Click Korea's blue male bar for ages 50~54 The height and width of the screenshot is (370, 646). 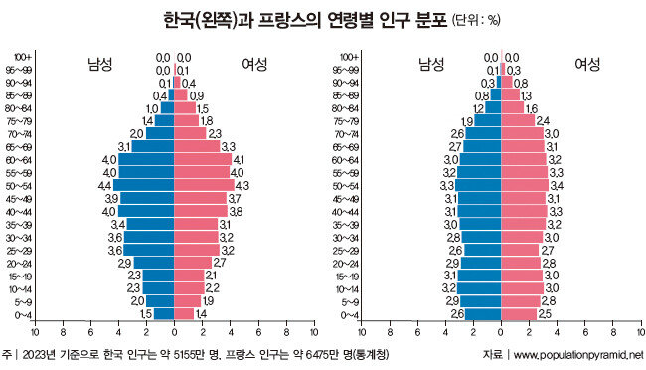click(x=143, y=185)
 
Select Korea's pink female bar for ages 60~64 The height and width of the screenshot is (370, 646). click(x=203, y=159)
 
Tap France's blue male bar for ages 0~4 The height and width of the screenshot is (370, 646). click(x=483, y=314)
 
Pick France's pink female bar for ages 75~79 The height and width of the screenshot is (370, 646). click(x=518, y=120)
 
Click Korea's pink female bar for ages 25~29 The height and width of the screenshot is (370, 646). click(x=197, y=250)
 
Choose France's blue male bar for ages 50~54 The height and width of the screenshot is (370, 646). click(x=478, y=185)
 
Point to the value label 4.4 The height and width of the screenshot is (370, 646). click(x=104, y=186)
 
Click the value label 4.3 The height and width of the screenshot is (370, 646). click(x=242, y=186)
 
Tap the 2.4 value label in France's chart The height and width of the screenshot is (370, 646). click(x=543, y=121)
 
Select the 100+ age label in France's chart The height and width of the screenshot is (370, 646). click(x=350, y=57)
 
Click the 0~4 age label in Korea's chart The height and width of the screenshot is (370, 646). click(x=23, y=316)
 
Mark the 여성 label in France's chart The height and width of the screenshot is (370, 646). click(x=587, y=64)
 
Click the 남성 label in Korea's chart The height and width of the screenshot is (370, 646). click(x=99, y=64)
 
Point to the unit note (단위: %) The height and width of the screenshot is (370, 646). click(x=476, y=20)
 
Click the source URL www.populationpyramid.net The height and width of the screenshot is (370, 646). click(x=578, y=355)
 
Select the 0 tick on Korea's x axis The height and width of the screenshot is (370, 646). click(x=174, y=332)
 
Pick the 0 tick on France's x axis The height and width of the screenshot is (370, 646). click(x=501, y=332)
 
